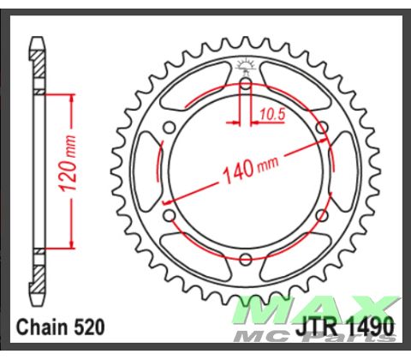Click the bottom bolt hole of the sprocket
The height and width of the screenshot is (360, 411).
click(245, 259)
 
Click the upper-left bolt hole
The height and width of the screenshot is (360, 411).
click(169, 128)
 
